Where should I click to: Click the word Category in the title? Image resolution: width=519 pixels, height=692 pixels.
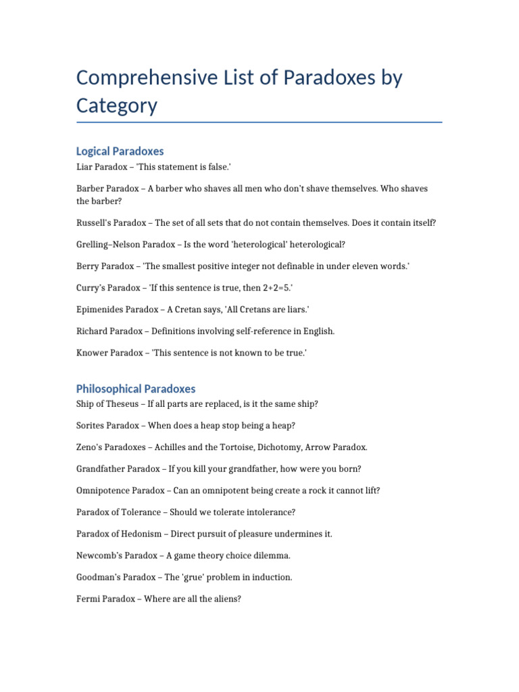[x=116, y=105]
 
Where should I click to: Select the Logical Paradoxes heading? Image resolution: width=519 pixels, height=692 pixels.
[x=120, y=151]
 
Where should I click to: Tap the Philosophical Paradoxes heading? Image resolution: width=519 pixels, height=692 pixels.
[x=136, y=389]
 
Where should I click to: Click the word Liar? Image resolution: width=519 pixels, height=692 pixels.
[x=85, y=166]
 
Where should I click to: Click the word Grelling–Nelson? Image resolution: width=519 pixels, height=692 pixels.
[x=109, y=245]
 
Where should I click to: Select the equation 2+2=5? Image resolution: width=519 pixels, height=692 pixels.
[x=275, y=288]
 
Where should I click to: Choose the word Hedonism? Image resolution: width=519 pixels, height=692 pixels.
[x=139, y=534]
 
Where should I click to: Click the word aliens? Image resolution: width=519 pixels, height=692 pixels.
[x=226, y=599]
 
